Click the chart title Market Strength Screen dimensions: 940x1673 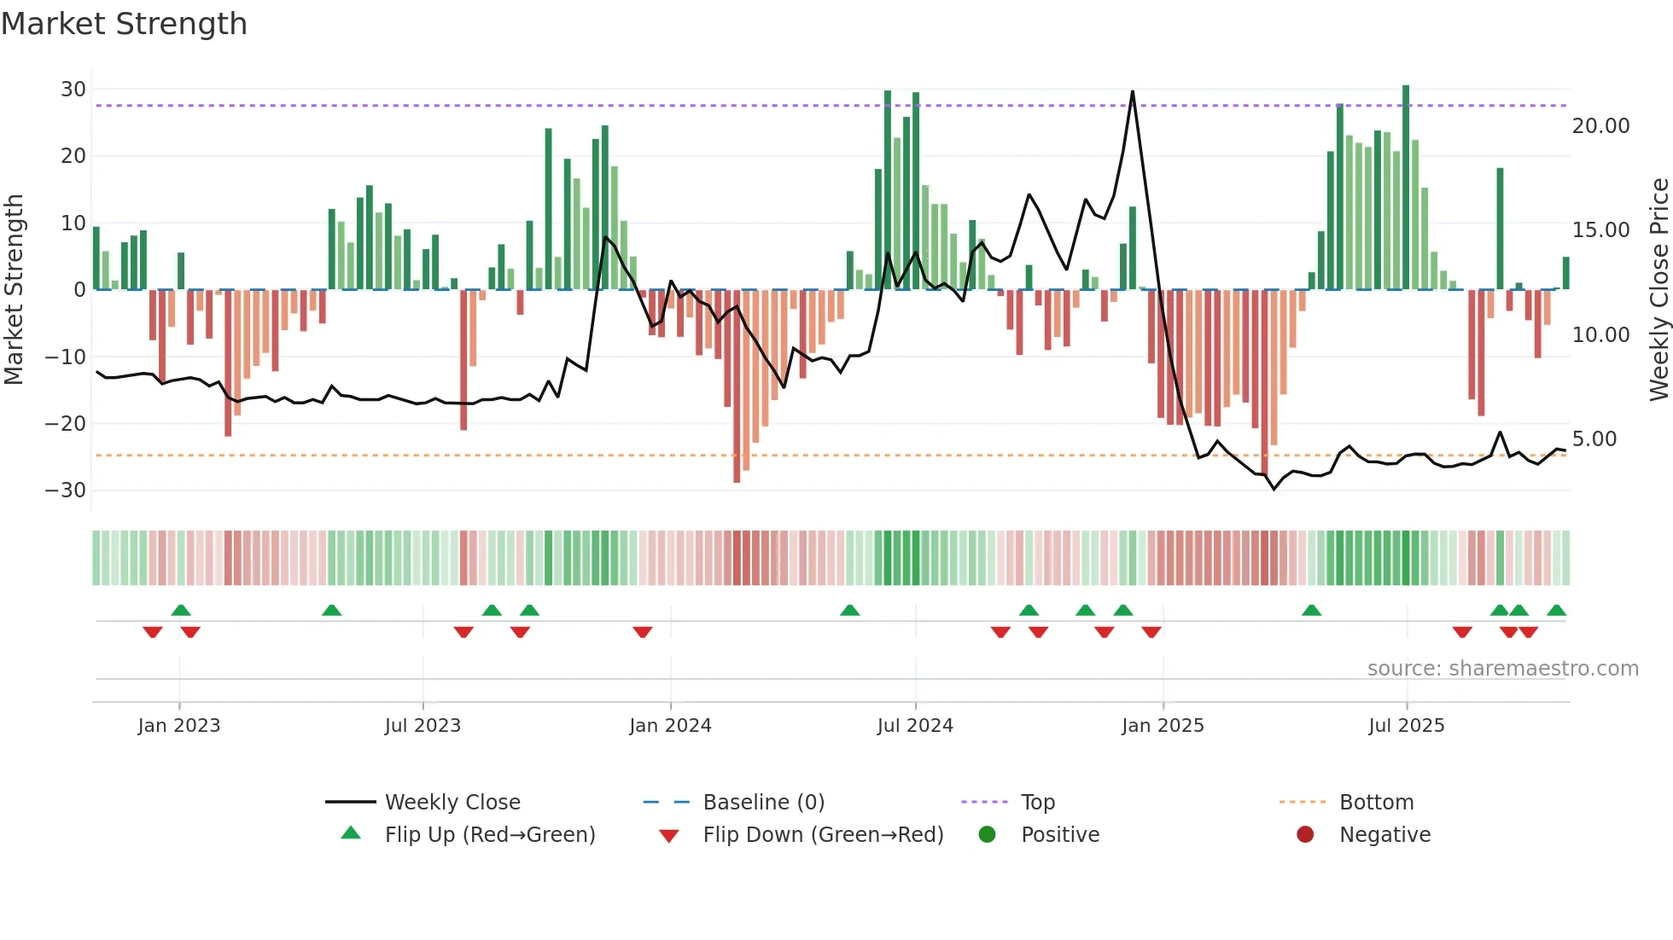(x=124, y=24)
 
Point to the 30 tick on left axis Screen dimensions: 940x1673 (x=73, y=90)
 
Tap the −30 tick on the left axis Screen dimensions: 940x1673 (x=66, y=490)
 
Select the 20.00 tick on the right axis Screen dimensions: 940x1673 (x=1600, y=126)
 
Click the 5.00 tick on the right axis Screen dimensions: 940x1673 (x=1594, y=439)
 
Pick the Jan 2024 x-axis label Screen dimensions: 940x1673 (x=670, y=726)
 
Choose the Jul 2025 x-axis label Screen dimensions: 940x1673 (x=1406, y=726)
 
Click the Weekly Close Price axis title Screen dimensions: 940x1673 (x=1658, y=289)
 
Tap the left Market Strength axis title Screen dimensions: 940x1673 (x=15, y=289)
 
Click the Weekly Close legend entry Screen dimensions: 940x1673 (x=452, y=803)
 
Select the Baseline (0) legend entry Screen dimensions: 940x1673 (x=763, y=803)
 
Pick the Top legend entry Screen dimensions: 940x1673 (x=1037, y=803)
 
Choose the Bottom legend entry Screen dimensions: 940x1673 (x=1376, y=803)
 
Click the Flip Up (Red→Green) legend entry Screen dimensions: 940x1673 (x=490, y=835)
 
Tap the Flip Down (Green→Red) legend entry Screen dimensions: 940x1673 (x=823, y=835)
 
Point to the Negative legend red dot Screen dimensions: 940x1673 (x=1305, y=835)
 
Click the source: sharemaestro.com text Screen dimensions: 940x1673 (x=1502, y=669)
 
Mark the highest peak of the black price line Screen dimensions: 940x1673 (x=1133, y=91)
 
